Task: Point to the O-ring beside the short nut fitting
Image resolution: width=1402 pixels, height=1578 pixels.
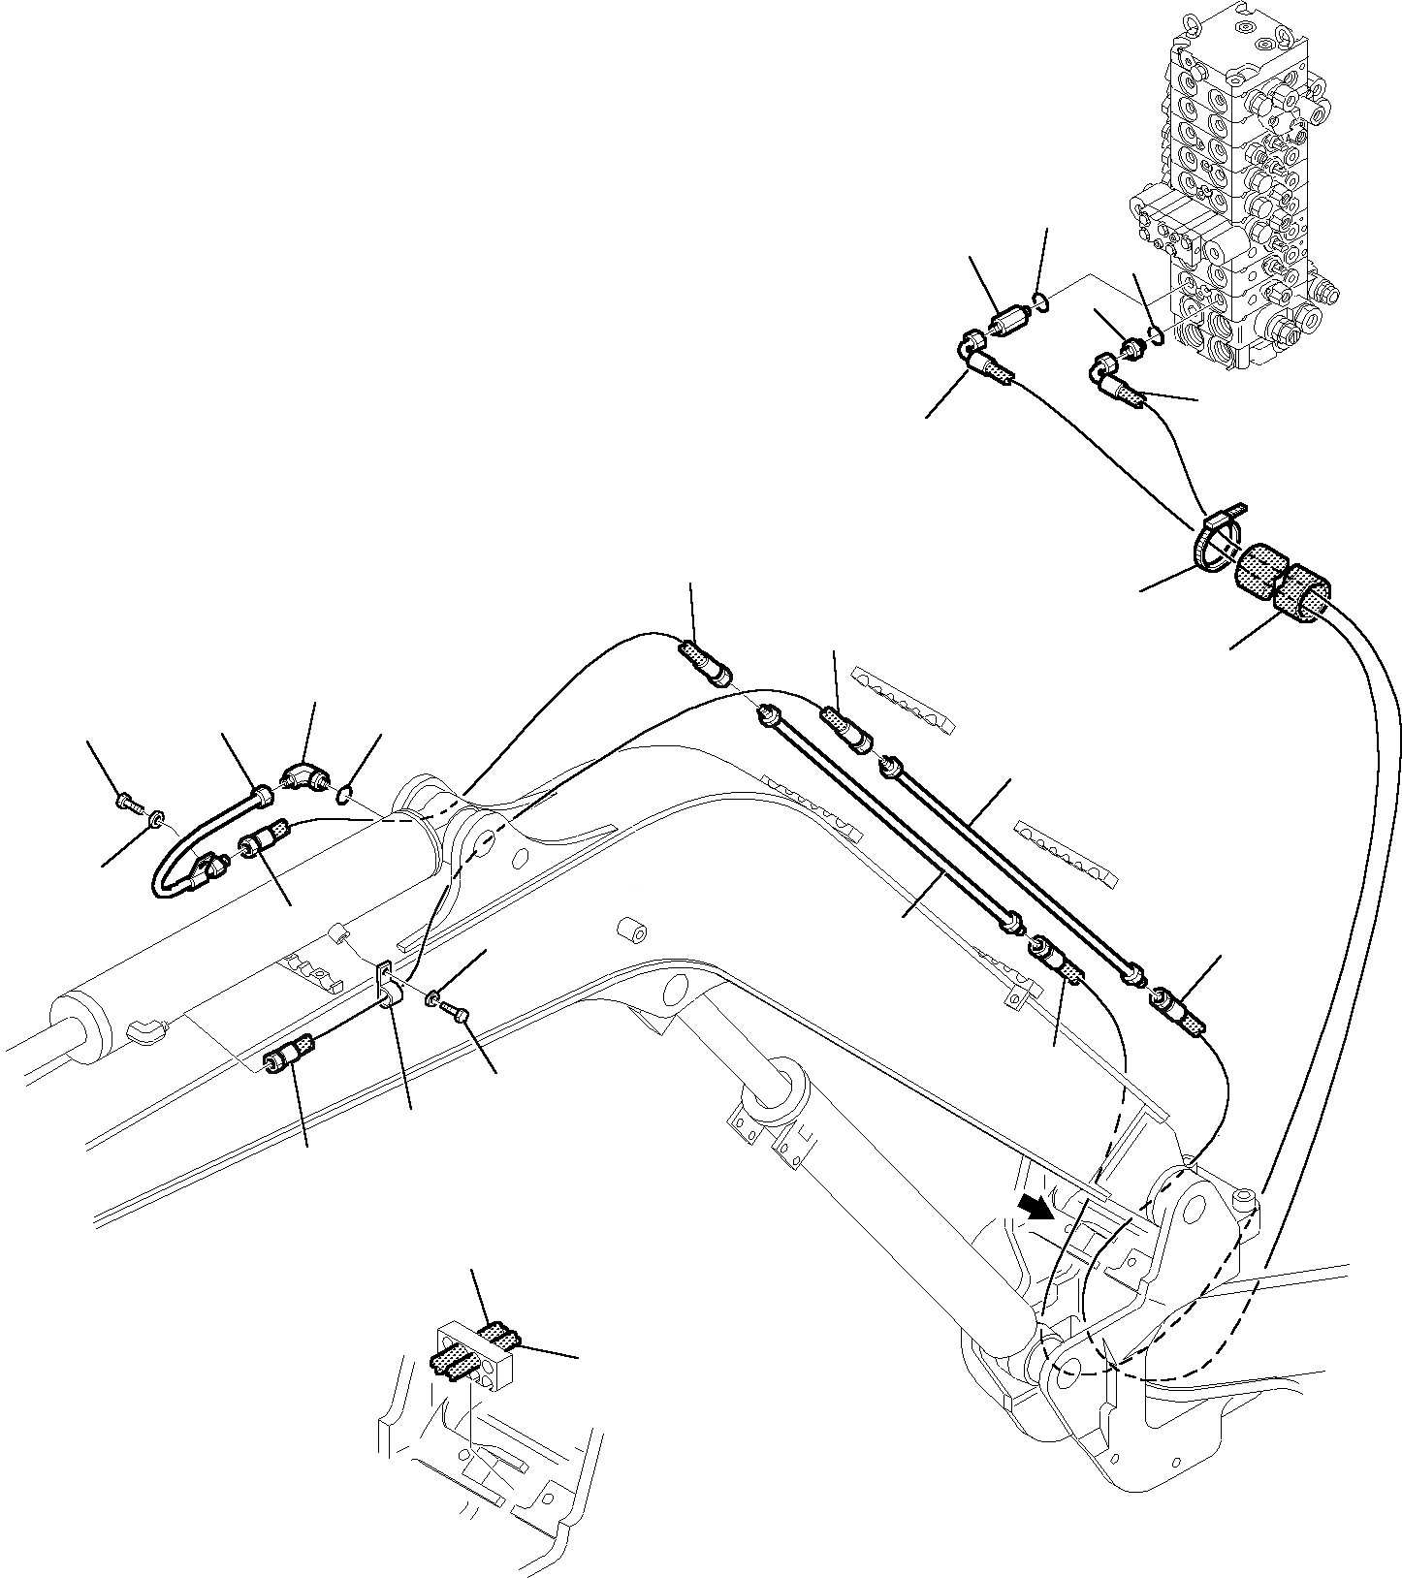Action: (x=1153, y=334)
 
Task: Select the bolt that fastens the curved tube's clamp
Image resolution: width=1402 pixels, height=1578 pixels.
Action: (x=128, y=802)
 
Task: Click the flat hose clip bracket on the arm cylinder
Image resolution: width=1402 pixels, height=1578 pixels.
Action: (x=386, y=984)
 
